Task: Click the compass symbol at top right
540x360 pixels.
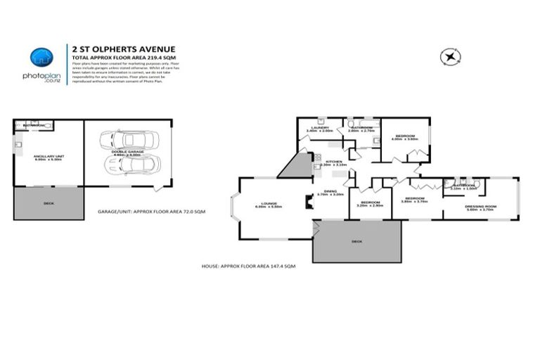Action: click(x=447, y=56)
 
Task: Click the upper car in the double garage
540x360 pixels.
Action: click(x=121, y=141)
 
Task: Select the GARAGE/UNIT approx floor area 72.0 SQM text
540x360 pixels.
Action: click(x=152, y=211)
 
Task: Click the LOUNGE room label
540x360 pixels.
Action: click(x=262, y=204)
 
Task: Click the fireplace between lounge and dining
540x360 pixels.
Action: click(x=307, y=202)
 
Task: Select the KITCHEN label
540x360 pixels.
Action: click(x=334, y=162)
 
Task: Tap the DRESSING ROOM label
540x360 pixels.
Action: click(x=480, y=206)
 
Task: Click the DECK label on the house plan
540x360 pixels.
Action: click(x=357, y=241)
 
